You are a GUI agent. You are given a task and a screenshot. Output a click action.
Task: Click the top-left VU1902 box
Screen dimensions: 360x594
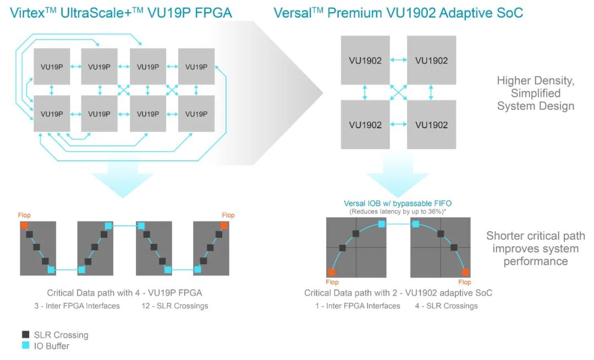coord(365,61)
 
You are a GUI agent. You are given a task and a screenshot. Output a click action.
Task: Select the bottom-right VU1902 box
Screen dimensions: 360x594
coord(431,124)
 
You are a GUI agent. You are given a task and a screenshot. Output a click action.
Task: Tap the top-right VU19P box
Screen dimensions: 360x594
coord(196,67)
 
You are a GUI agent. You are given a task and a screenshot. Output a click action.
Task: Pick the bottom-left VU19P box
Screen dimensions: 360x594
coord(52,114)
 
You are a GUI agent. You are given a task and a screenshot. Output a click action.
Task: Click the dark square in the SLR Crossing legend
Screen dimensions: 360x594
coord(25,335)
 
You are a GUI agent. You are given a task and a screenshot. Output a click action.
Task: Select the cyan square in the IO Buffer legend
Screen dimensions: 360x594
coord(25,346)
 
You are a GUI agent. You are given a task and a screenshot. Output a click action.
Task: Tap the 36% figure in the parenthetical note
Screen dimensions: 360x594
coord(435,211)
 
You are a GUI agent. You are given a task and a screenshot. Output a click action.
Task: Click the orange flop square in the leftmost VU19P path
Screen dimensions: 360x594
coord(24,226)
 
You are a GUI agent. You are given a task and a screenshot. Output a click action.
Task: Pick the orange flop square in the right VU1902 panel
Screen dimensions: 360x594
coord(465,272)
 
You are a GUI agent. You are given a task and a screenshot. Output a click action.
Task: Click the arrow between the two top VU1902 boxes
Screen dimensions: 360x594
coord(398,61)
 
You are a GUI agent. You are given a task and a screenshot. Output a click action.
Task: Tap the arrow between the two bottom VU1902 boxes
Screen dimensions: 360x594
coord(398,124)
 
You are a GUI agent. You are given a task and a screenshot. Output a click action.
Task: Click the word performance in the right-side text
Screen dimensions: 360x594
coord(535,261)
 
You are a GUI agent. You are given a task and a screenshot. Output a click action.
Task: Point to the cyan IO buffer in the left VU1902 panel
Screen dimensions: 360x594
coord(381,223)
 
